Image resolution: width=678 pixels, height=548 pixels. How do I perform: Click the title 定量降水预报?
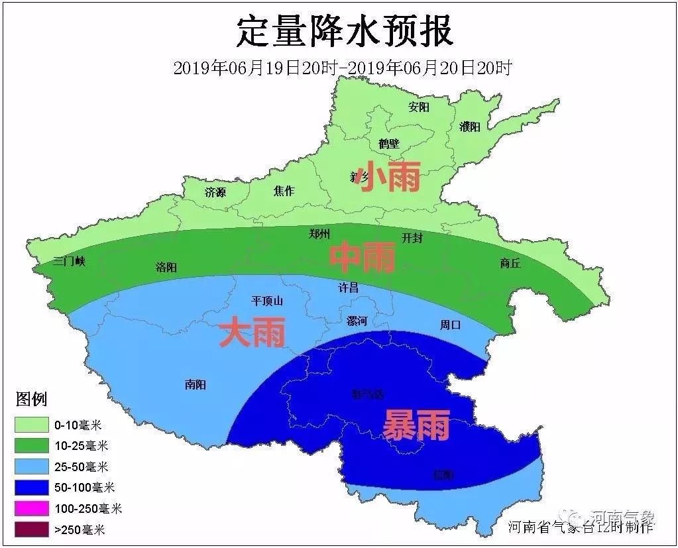pyautogui.click(x=345, y=31)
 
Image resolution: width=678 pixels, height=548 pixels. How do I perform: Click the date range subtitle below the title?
pyautogui.click(x=342, y=68)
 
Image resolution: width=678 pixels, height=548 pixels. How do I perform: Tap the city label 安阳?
pyautogui.click(x=419, y=107)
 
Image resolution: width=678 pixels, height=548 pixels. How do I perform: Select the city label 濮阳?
pyautogui.click(x=469, y=127)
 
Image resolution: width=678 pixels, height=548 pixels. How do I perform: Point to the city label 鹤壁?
pyautogui.click(x=389, y=143)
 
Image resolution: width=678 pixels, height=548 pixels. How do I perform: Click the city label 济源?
pyautogui.click(x=215, y=192)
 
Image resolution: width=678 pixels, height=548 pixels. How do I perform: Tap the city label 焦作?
pyautogui.click(x=284, y=191)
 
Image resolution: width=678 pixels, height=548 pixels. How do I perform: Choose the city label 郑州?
pyautogui.click(x=319, y=233)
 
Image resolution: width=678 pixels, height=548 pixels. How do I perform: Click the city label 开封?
pyautogui.click(x=412, y=238)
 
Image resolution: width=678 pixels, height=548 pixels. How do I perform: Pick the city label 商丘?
pyautogui.click(x=510, y=263)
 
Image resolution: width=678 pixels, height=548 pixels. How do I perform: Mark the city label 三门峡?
pyautogui.click(x=70, y=261)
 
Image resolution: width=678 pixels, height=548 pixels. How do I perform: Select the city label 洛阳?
pyautogui.click(x=166, y=267)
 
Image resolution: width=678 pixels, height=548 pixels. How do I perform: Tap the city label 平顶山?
pyautogui.click(x=267, y=301)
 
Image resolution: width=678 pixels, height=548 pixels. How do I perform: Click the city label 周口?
pyautogui.click(x=450, y=325)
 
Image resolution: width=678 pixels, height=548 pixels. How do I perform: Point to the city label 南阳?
pyautogui.click(x=196, y=384)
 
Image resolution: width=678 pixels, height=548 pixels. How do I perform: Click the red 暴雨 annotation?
pyautogui.click(x=416, y=425)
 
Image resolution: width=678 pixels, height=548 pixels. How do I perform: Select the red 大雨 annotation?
pyautogui.click(x=252, y=333)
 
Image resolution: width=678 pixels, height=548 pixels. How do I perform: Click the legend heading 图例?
pyautogui.click(x=31, y=400)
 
